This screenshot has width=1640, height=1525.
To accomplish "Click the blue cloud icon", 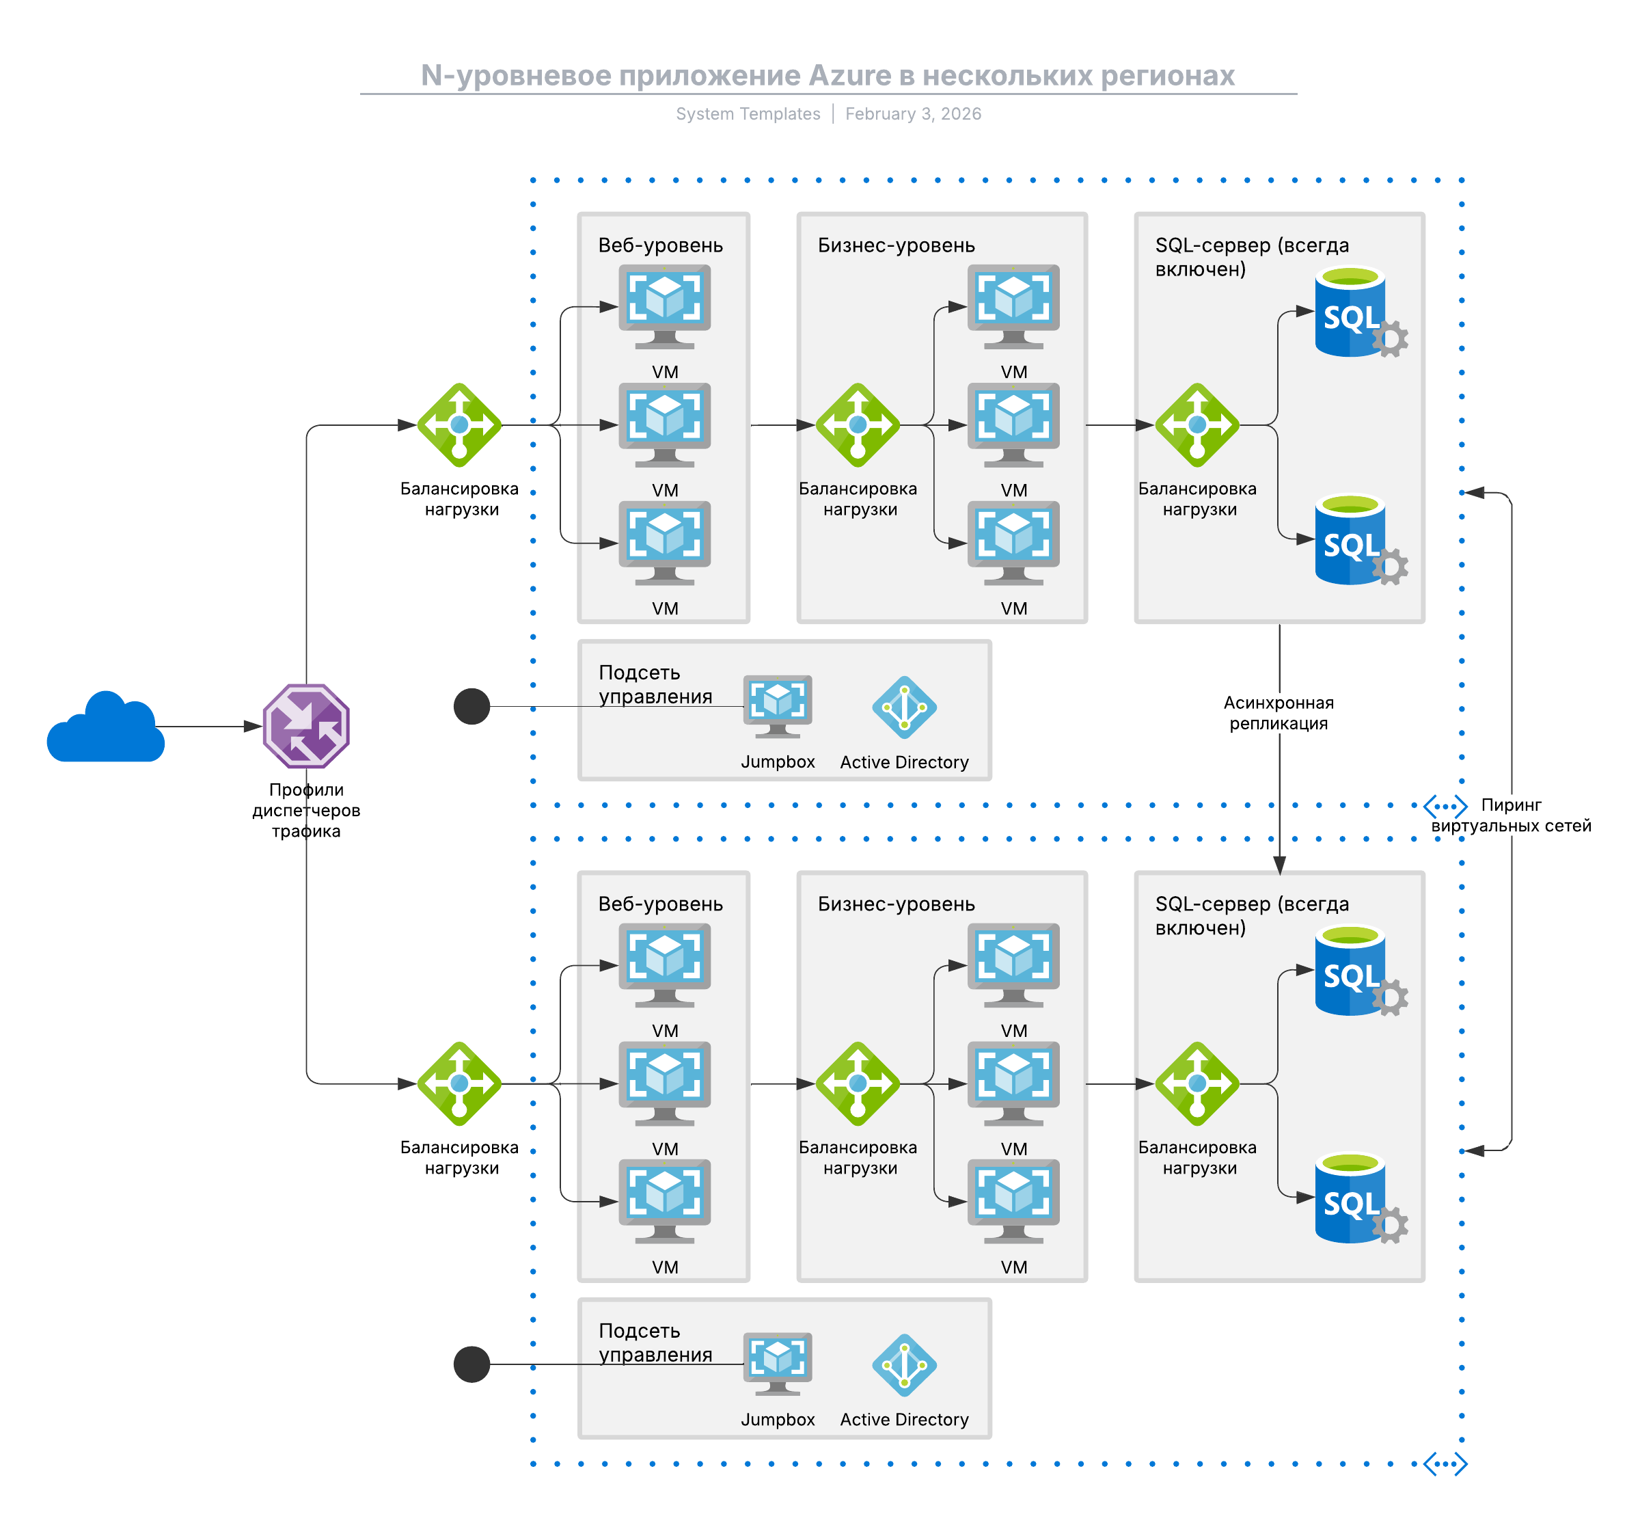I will pyautogui.click(x=106, y=728).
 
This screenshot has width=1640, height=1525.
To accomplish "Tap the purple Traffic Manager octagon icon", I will pyautogui.click(x=306, y=726).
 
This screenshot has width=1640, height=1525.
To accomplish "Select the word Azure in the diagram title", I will pyautogui.click(x=849, y=75).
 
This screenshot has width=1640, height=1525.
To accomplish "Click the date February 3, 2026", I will pyautogui.click(x=912, y=114).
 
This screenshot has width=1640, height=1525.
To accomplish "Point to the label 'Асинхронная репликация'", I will pyautogui.click(x=1278, y=713).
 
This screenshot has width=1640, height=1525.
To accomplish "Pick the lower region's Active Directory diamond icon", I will pyautogui.click(x=904, y=1365).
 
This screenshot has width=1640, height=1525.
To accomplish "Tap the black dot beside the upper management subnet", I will pyautogui.click(x=472, y=706).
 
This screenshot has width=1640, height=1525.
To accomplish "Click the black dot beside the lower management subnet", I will pyautogui.click(x=472, y=1364).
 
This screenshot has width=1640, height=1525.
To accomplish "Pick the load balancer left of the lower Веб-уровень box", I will pyautogui.click(x=459, y=1083).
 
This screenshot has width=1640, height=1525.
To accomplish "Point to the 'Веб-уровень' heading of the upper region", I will pyautogui.click(x=660, y=245).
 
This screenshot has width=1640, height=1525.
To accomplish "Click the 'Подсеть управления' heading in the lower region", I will pyautogui.click(x=655, y=1342).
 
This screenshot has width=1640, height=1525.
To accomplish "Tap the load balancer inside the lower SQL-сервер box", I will pyautogui.click(x=1197, y=1083).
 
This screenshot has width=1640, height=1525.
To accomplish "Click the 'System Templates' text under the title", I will pyautogui.click(x=748, y=114).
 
